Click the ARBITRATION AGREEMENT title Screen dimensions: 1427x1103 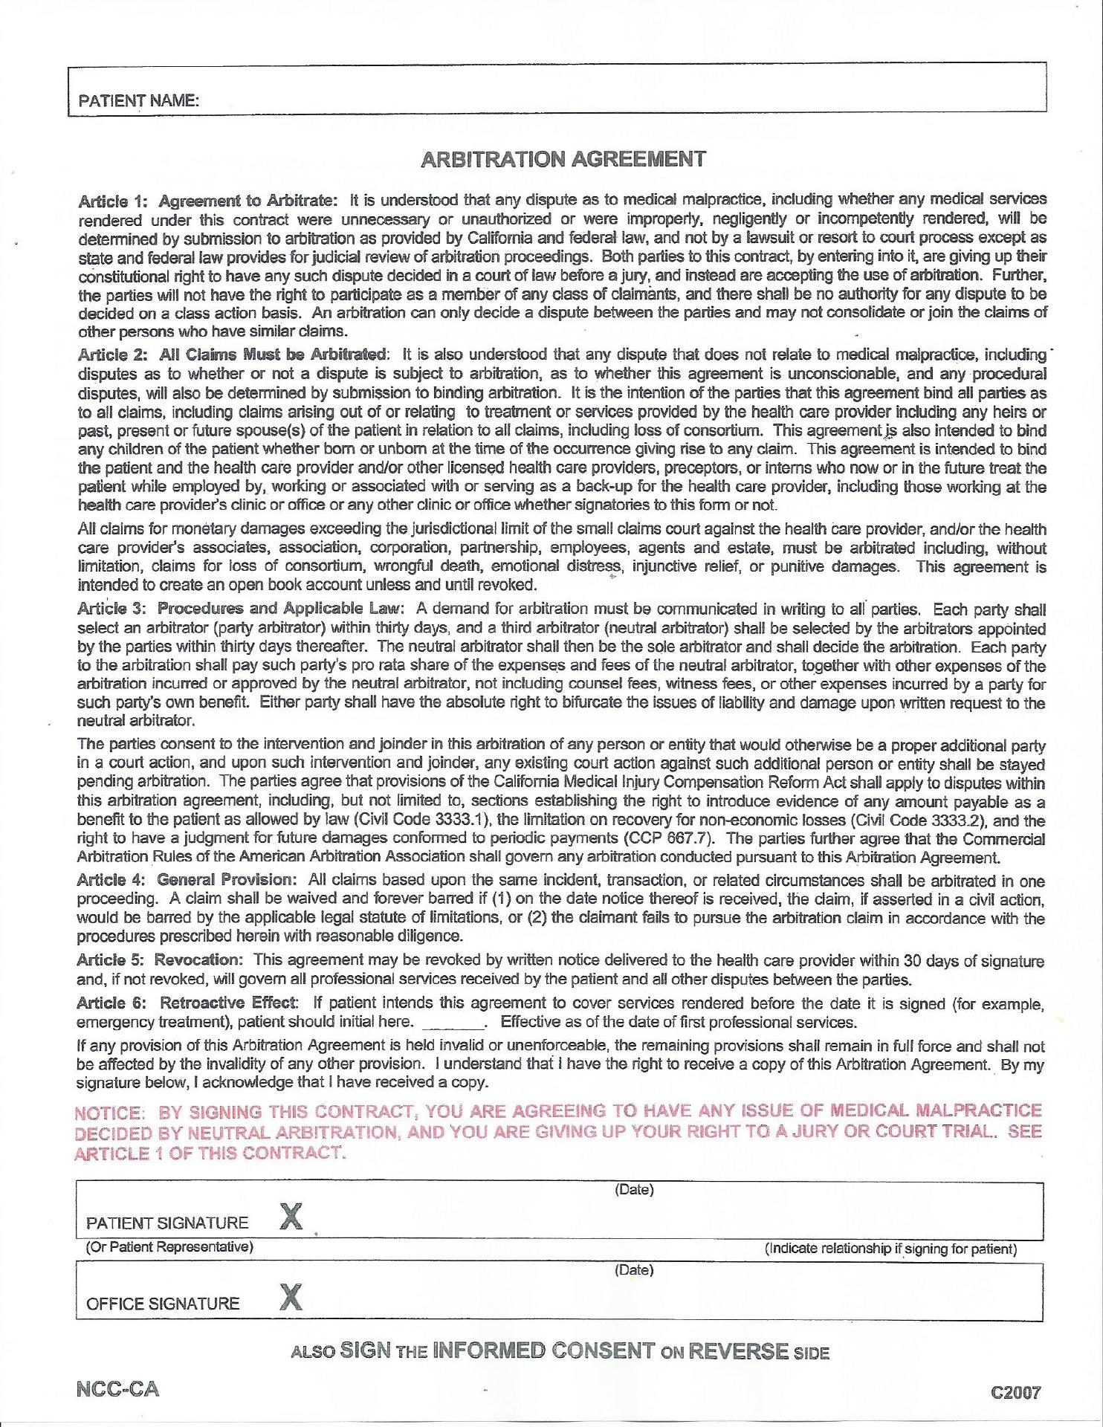[563, 158]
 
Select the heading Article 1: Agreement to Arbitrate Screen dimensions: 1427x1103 [208, 200]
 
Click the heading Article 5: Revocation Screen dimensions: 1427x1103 [160, 960]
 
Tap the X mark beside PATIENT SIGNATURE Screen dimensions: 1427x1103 [291, 1217]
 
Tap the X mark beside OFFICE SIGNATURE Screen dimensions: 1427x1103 [291, 1297]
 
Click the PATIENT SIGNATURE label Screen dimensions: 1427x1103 [167, 1223]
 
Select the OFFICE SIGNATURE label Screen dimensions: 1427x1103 [163, 1303]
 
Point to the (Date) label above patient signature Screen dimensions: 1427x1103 [634, 1190]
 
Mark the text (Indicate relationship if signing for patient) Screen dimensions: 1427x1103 [890, 1249]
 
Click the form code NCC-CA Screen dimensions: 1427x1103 [117, 1389]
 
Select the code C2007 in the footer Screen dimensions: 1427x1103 [1016, 1392]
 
